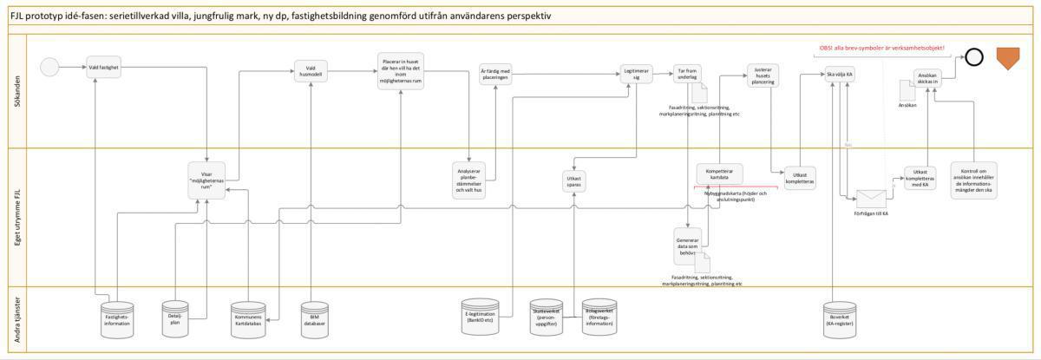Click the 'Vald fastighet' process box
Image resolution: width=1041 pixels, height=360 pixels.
coord(104,67)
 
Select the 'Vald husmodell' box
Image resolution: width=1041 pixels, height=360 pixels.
coord(311,71)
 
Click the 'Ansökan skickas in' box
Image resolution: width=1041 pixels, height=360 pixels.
coord(927,78)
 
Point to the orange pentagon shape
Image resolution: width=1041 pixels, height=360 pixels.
coord(1007,58)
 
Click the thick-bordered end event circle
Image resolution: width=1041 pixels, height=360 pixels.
coord(973,57)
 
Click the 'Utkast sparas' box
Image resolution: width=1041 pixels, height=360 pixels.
coord(574,181)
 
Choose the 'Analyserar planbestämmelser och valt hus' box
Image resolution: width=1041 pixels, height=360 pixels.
coord(474,179)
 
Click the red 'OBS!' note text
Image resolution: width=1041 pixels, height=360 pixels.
coord(881,48)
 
